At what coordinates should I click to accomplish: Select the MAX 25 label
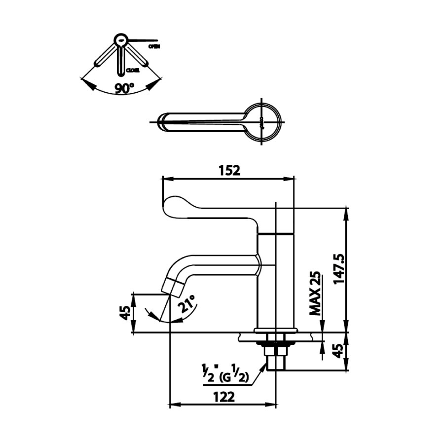pos(315,294)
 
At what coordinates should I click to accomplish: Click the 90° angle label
pos(124,88)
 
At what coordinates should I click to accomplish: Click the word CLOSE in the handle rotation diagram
pos(133,71)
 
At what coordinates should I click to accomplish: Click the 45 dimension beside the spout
pos(126,313)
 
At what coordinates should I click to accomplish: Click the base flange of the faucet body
pos(276,330)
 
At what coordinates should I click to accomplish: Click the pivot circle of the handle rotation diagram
pos(120,39)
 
